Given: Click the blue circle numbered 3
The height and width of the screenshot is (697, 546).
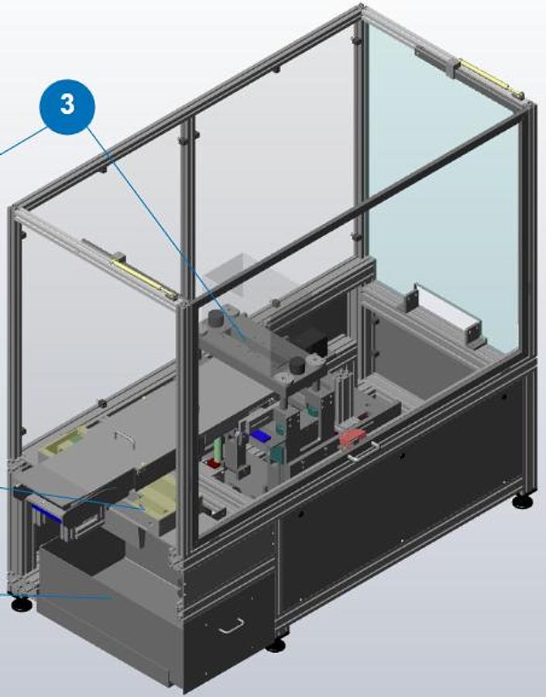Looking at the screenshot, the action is pos(67,107).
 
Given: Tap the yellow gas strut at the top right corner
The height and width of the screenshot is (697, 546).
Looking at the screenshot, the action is pos(490,77).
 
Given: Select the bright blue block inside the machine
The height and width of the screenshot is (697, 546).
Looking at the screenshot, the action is pos(260,437).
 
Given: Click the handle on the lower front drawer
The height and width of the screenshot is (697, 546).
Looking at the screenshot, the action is pos(232,626).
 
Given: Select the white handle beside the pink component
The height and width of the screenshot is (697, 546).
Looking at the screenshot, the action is pos(363,452).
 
